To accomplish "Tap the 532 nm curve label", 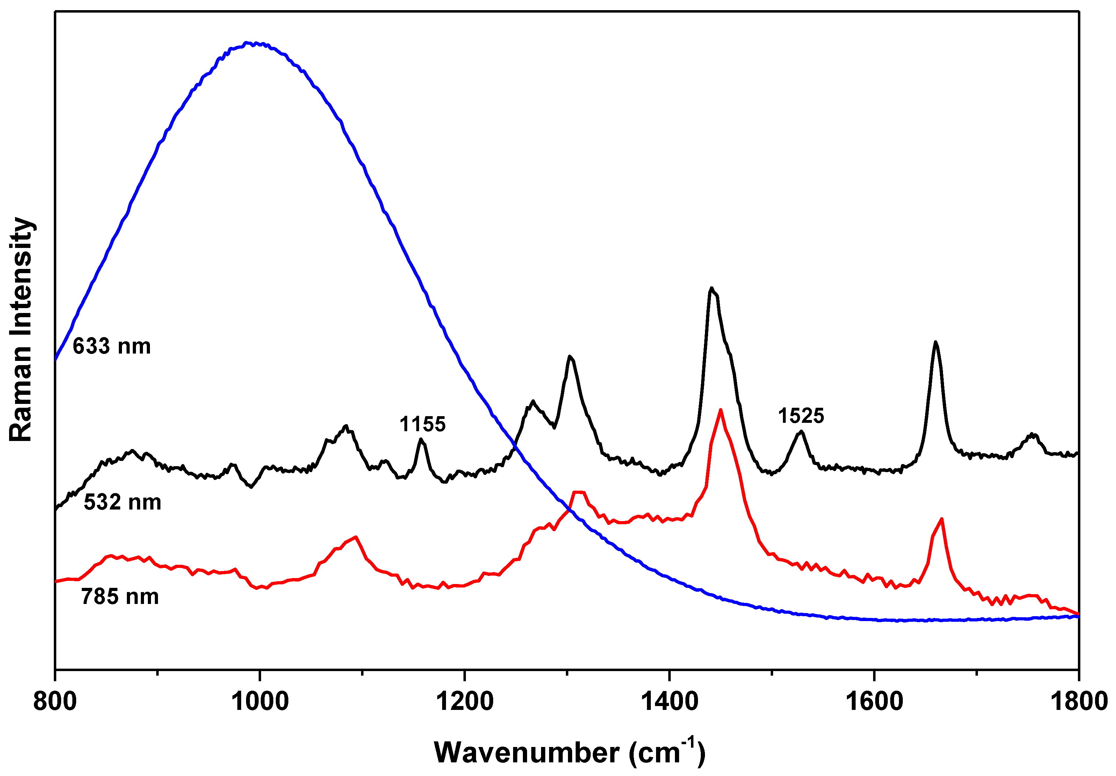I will [122, 502].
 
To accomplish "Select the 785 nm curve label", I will [120, 597].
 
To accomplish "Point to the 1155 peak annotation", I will [422, 425].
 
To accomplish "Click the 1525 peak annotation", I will [801, 416].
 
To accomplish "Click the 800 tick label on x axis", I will [55, 702].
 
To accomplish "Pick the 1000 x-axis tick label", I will [260, 702].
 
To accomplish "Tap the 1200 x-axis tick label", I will [465, 702].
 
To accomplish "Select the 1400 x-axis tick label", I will [670, 702].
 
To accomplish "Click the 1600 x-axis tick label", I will [874, 702].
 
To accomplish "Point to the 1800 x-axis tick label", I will [1079, 702].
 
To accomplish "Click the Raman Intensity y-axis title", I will [21, 329].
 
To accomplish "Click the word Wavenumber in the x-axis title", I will [526, 753].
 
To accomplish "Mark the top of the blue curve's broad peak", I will [248, 43].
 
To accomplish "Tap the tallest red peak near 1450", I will [720, 410].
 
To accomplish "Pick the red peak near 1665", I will [942, 519].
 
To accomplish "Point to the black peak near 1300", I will [570, 356].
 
